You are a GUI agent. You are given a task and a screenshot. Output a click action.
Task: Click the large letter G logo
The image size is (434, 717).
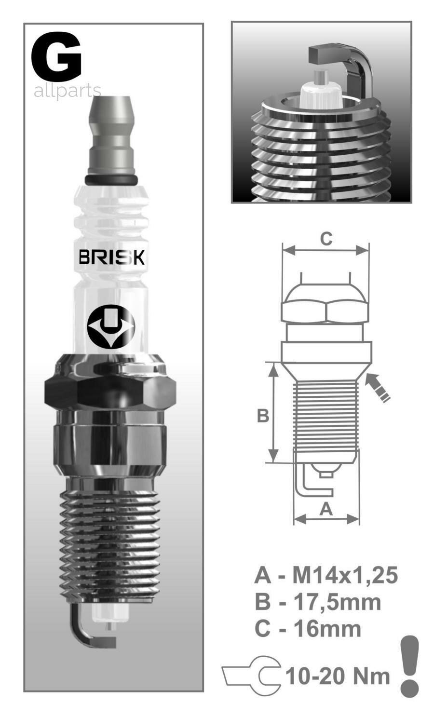(x=57, y=56)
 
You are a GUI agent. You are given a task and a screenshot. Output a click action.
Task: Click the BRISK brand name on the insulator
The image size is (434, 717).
(x=112, y=257)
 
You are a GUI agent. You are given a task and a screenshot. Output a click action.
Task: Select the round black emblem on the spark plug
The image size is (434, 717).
(x=111, y=327)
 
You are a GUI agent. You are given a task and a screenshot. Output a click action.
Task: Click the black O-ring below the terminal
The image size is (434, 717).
(x=111, y=180)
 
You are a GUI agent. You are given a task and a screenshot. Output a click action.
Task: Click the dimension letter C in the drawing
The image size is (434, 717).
(x=326, y=239)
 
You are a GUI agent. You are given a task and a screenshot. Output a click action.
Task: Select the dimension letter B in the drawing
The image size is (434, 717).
(x=263, y=416)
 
